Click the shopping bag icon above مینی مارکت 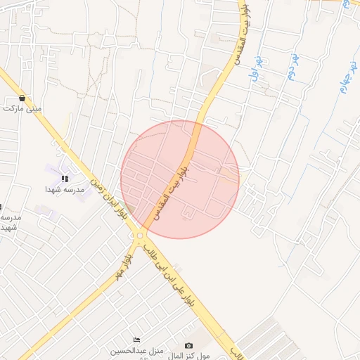click(x=23, y=98)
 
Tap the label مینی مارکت click(x=22, y=109)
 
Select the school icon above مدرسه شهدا click(x=65, y=179)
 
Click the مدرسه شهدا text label click(x=65, y=190)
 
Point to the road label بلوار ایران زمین click(x=108, y=201)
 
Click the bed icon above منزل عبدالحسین click(x=136, y=340)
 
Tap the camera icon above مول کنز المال click(x=188, y=345)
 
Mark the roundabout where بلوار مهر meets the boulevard click(x=141, y=236)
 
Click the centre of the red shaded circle click(x=180, y=179)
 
